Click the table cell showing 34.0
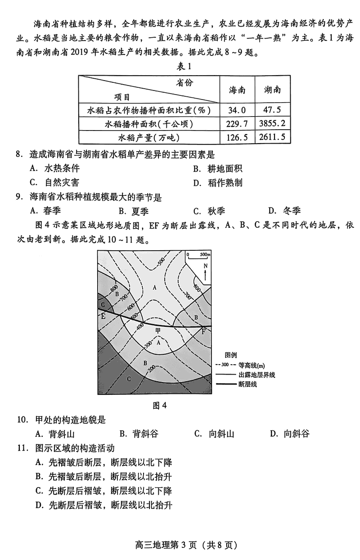237,110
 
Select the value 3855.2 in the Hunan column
272,123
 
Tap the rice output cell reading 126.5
237,137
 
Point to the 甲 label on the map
157,331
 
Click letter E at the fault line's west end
103,316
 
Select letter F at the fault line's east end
203,332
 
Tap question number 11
22,448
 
